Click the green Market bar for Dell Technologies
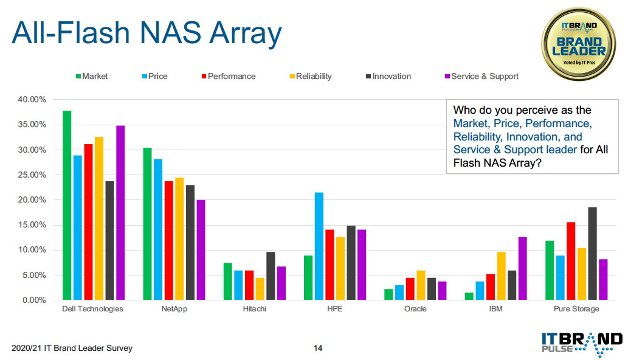point(67,205)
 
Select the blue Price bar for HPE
point(319,246)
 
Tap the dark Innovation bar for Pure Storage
point(592,254)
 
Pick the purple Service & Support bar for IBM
point(523,268)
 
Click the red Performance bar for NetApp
point(168,241)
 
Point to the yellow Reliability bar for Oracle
point(421,285)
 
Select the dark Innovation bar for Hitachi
point(271,276)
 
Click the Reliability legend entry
point(311,76)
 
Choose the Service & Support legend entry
point(481,76)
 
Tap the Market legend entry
point(92,76)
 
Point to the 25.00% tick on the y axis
point(32,175)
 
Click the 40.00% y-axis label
point(32,99)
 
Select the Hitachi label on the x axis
point(254,309)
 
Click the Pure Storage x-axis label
point(576,309)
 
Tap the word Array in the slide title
point(246,33)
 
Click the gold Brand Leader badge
point(579,44)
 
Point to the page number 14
point(318,348)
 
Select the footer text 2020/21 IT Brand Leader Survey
point(72,348)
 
